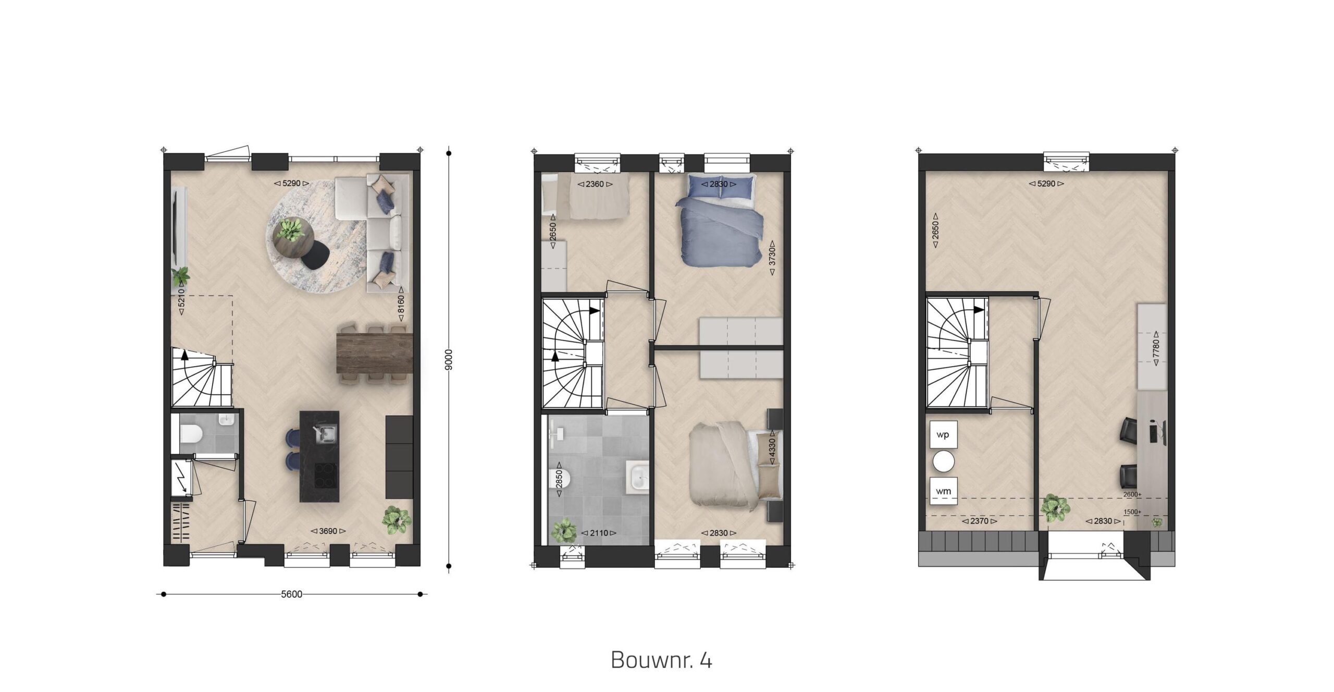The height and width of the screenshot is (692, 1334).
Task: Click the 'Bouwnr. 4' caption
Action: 661,660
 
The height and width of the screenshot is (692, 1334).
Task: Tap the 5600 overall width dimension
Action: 291,594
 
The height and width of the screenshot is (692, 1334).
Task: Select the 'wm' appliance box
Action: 943,491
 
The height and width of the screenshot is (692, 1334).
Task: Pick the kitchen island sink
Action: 325,433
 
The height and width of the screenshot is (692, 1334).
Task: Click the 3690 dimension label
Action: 328,531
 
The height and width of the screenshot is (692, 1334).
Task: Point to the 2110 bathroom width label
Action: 599,533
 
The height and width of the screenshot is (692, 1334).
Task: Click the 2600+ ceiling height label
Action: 1132,495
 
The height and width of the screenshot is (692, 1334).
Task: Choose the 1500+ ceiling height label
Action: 1132,513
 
